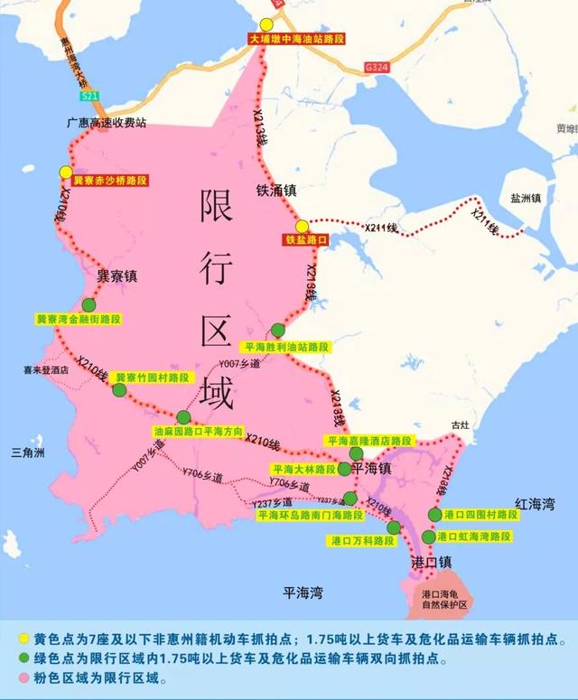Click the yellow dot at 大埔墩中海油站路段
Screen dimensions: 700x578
click(266, 25)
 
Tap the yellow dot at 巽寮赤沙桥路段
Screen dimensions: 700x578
click(66, 172)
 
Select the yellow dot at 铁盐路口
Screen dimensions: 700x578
click(302, 226)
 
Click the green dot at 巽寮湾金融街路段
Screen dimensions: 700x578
click(88, 305)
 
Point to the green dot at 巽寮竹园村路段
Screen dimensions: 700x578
click(119, 389)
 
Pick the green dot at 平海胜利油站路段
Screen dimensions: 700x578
click(277, 331)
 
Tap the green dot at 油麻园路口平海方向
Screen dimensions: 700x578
click(183, 417)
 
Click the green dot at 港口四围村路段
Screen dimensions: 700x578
click(435, 514)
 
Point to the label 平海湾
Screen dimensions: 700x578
click(303, 593)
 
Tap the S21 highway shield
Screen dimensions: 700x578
click(89, 95)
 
